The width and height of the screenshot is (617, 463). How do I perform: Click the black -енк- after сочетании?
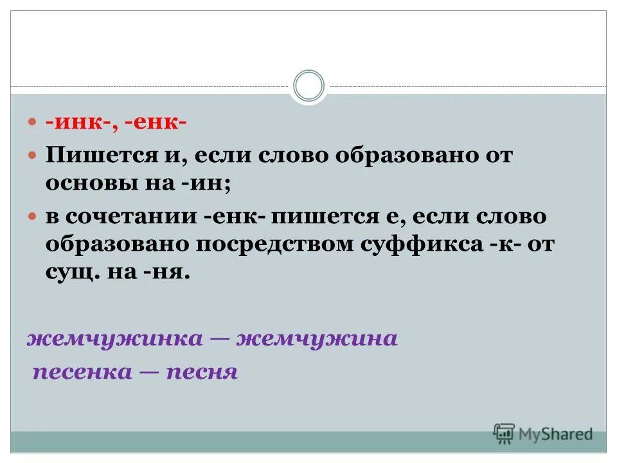(233, 216)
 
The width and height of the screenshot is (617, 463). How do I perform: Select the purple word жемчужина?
(317, 339)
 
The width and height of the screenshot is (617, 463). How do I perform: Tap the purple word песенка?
(84, 372)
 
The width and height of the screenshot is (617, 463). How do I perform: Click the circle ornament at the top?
(308, 86)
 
